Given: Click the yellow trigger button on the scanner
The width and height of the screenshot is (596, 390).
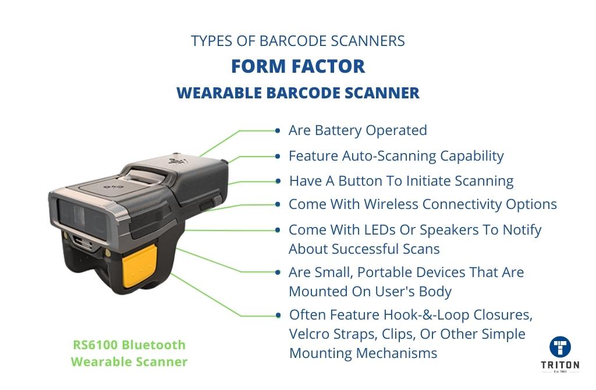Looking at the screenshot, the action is coord(140,265).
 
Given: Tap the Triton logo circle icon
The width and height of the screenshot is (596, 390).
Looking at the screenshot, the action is coord(560,347).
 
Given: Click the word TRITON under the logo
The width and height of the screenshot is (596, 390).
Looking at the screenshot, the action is coord(560,365).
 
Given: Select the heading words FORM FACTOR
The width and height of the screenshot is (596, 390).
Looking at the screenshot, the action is coord(298,66).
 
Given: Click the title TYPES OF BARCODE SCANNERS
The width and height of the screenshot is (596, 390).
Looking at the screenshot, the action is coord(298,41).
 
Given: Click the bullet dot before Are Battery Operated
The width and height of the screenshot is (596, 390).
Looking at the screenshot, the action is coord(278,131).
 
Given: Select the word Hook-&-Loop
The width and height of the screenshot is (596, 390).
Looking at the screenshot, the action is coord(426,315).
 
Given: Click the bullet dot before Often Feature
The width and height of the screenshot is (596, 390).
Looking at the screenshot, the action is coord(278,315).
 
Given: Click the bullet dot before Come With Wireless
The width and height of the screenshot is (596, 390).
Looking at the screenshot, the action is coord(278,204).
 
